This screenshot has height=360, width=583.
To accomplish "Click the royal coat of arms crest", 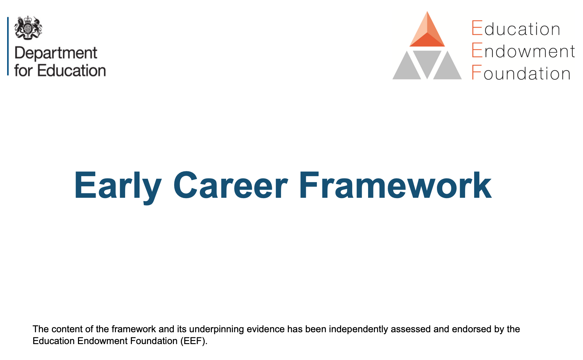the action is click(28, 27).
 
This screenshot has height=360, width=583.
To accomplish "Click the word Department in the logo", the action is click(56, 54).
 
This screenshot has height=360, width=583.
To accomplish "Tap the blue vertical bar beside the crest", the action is click(8, 46).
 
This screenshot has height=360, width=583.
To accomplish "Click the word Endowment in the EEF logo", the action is click(523, 51).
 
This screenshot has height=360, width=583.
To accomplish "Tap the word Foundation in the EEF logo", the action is click(521, 73).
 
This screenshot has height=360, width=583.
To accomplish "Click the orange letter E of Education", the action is click(477, 28).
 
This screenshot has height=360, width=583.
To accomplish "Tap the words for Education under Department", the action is click(60, 71).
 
